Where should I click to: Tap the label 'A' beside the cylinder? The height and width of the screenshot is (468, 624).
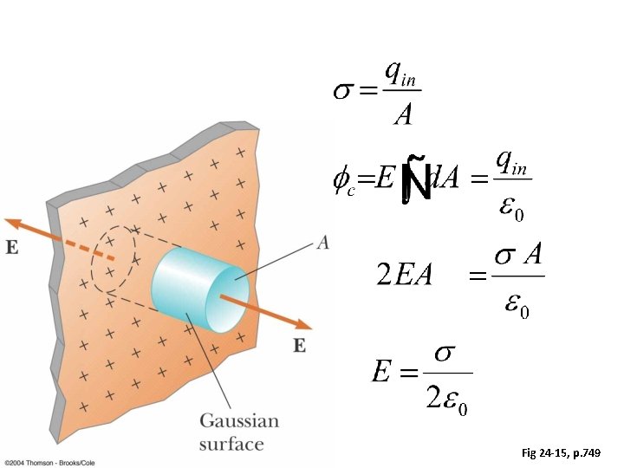[322, 244]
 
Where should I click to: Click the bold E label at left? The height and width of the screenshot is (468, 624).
[12, 247]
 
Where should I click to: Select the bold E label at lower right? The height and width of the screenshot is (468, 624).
[299, 345]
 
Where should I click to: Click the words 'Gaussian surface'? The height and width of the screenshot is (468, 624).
[239, 432]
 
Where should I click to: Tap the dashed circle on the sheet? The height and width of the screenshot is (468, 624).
[113, 259]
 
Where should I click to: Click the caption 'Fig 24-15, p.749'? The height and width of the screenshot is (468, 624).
[567, 453]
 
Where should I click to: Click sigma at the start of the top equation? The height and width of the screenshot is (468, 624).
[343, 92]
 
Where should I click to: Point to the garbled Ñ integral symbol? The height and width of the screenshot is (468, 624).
[416, 180]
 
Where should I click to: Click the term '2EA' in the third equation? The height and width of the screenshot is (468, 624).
[403, 276]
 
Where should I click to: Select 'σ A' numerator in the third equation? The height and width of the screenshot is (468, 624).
[517, 257]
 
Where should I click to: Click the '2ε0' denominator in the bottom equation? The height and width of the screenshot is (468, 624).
[448, 398]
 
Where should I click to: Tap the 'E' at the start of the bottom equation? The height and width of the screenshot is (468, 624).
[380, 374]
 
